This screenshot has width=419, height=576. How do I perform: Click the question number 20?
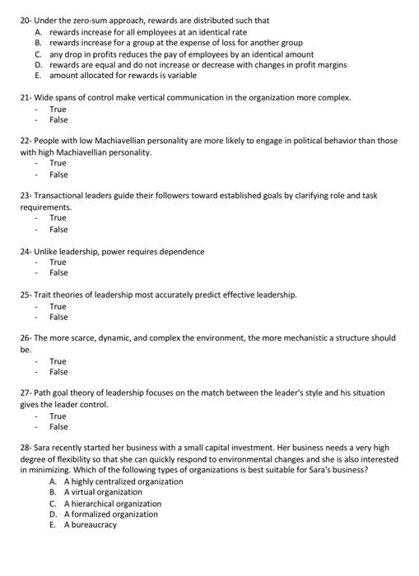tap(25, 20)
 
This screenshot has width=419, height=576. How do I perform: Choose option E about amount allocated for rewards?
tap(123, 75)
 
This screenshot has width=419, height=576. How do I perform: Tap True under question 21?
tap(58, 109)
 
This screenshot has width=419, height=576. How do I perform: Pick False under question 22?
tap(58, 174)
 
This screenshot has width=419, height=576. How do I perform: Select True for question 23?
tap(58, 218)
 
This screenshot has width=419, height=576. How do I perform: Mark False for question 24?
tap(58, 272)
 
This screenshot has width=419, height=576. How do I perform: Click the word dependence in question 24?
tap(182, 251)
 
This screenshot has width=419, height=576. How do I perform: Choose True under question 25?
tap(58, 306)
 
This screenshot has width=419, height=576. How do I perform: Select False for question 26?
tap(58, 372)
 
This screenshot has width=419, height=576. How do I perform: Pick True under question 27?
tap(58, 416)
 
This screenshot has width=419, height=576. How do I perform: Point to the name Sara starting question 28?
tap(43, 448)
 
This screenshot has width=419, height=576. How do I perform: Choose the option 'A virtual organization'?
tap(103, 492)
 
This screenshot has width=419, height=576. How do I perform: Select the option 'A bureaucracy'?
tap(91, 525)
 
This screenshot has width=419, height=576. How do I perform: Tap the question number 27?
tap(25, 393)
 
